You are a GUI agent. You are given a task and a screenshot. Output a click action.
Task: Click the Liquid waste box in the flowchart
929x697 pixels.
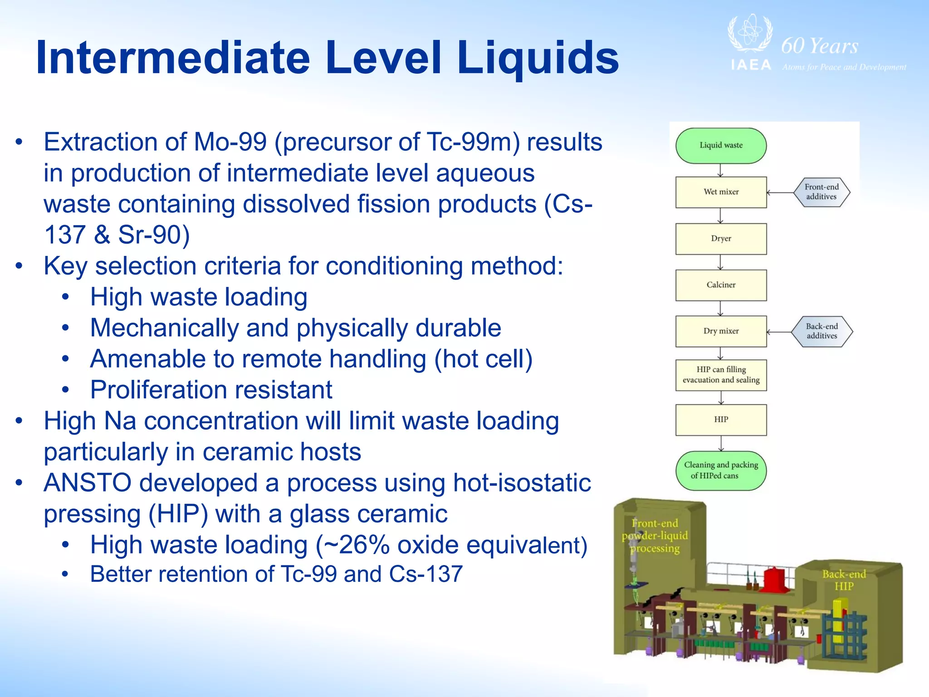pos(721,146)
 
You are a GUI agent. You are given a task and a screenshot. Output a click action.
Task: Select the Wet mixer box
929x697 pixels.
pos(721,192)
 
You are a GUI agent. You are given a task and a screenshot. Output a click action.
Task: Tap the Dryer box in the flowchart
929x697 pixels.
pos(721,239)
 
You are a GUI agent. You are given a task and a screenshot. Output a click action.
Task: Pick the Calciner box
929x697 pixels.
pos(721,285)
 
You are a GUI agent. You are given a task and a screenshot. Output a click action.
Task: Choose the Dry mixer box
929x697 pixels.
pos(721,331)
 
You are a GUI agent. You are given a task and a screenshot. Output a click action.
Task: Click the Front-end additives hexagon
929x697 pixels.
pos(821,192)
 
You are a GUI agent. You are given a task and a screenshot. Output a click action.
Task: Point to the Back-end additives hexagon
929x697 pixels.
pos(821,331)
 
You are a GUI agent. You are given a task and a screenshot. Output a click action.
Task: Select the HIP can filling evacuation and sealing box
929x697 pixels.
pos(721,375)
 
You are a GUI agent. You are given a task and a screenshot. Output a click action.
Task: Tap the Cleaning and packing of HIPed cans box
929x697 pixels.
pos(721,470)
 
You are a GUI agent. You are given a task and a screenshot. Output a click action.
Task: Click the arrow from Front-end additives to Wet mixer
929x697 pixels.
pos(780,192)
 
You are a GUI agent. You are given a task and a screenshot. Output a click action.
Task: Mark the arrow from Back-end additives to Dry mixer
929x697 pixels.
pos(779,332)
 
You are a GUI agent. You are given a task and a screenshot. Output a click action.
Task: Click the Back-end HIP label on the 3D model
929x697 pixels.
pos(844,580)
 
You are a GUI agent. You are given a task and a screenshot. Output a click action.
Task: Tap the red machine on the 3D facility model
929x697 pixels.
pos(778,579)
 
